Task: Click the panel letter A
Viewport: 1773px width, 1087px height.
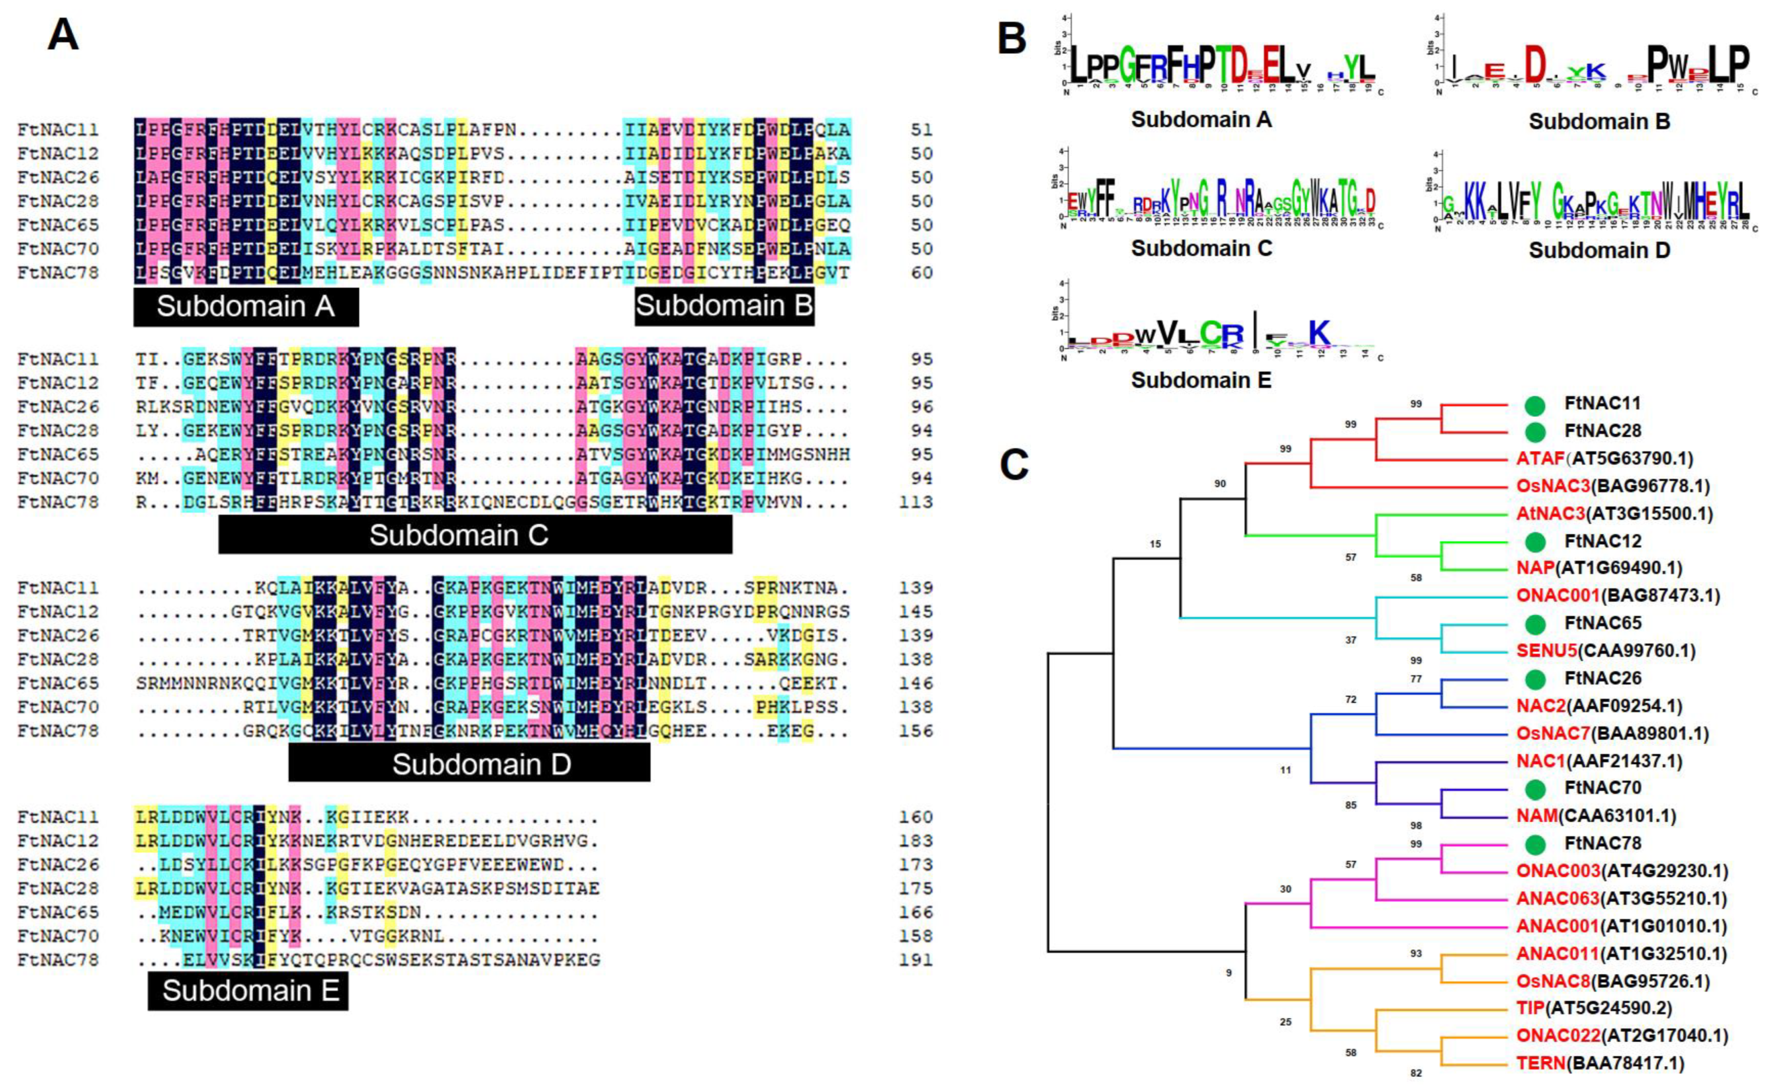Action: point(63,34)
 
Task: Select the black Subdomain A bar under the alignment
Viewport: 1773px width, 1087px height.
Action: point(246,307)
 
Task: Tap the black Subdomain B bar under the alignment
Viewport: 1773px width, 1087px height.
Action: point(724,306)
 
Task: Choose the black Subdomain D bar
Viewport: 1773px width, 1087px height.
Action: point(469,764)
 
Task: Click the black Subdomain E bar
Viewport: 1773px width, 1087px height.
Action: point(248,990)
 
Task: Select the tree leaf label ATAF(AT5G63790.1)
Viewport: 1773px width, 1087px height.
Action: point(1604,458)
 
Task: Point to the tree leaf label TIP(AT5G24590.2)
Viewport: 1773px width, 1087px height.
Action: point(1594,1008)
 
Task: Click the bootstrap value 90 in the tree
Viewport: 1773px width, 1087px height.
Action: point(1220,484)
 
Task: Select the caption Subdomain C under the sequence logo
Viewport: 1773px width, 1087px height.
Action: point(1201,248)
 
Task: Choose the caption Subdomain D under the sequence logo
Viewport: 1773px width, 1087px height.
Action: point(1598,250)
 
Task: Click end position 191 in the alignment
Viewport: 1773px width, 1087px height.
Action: point(916,960)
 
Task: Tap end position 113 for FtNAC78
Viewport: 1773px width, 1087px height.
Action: point(916,502)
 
